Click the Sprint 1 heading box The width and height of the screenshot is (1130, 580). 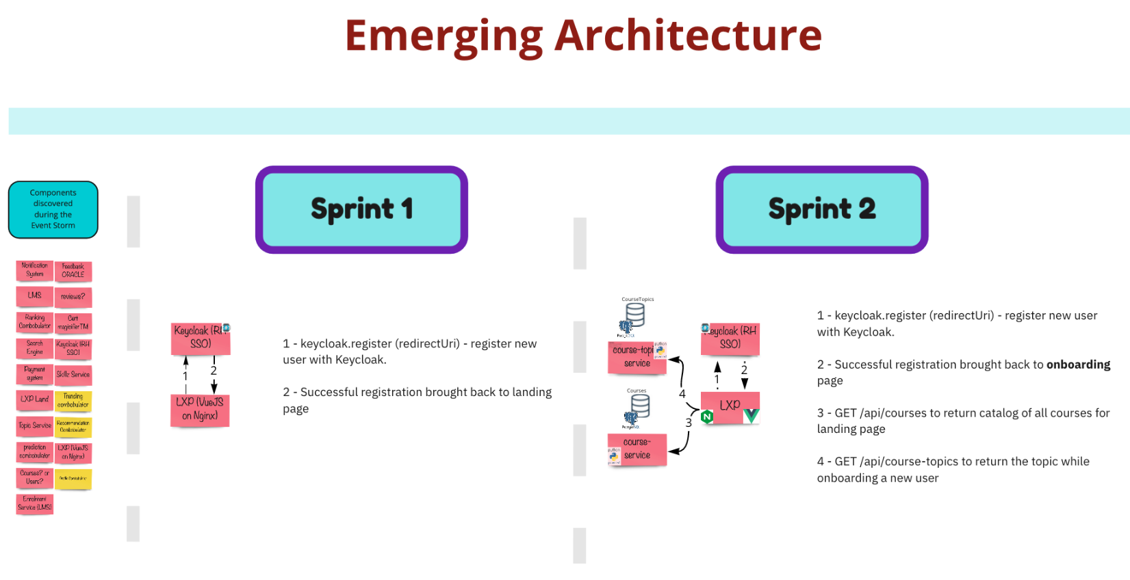361,209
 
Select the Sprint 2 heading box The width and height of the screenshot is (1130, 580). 821,209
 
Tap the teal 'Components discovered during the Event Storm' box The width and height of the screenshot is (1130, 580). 53,209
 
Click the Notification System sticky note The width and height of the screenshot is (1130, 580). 34,270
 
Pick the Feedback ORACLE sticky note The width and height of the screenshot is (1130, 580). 73,271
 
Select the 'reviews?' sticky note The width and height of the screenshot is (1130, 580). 73,297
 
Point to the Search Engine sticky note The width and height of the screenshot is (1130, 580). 34,348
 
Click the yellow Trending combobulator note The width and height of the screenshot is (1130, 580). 73,401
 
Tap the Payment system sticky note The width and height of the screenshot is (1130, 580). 34,373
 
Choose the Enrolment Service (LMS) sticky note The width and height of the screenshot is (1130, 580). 34,504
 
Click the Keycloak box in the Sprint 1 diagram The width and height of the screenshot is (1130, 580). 201,338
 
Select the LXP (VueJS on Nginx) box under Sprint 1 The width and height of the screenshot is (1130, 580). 200,410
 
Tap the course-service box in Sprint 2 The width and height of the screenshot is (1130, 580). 637,449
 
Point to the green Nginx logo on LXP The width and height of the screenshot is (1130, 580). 707,417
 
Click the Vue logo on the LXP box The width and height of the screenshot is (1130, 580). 751,415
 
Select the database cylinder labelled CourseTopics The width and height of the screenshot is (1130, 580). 635,315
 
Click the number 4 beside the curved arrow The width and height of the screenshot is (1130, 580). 682,394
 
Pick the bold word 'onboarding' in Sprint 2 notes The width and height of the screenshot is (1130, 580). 1078,365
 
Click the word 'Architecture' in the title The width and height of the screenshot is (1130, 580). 687,36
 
